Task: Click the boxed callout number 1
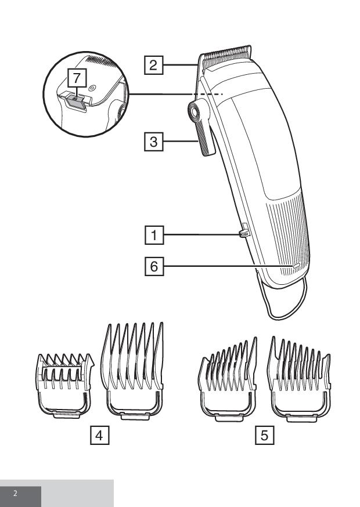click(x=154, y=235)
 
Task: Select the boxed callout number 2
click(x=153, y=65)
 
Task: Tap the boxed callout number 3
click(x=153, y=142)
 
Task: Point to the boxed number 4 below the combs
click(x=99, y=435)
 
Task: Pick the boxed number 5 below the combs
click(x=265, y=435)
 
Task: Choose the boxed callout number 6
click(x=154, y=266)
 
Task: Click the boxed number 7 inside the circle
click(x=77, y=78)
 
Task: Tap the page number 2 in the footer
click(x=15, y=494)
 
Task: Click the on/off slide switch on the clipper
click(x=244, y=233)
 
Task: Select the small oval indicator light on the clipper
click(x=296, y=266)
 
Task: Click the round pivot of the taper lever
click(x=195, y=112)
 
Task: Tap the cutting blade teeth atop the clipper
click(x=226, y=53)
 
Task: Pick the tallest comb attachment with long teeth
click(x=133, y=371)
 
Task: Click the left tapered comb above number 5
click(x=228, y=379)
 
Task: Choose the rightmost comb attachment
click(x=299, y=379)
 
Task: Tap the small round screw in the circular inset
click(x=92, y=88)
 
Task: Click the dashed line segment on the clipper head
click(x=208, y=94)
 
